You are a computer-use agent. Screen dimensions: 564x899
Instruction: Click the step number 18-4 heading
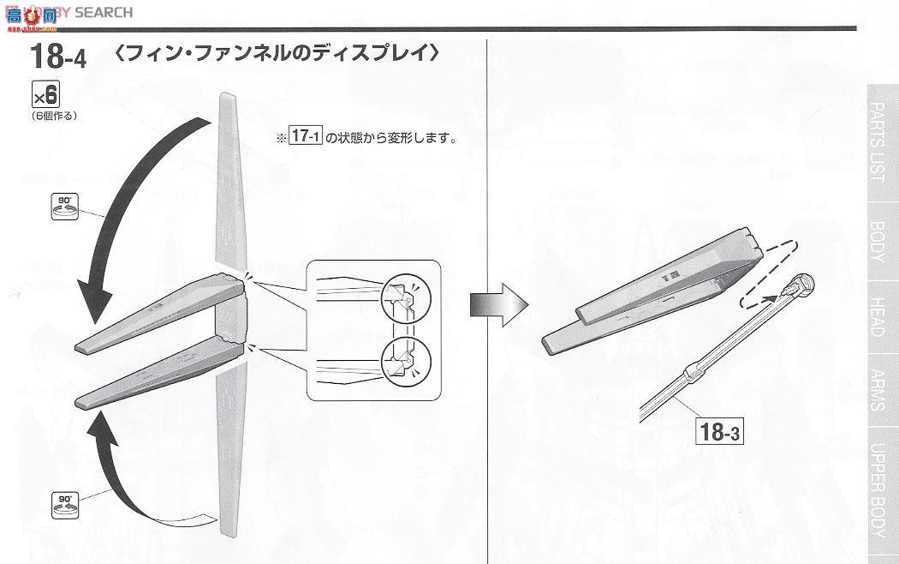(57, 57)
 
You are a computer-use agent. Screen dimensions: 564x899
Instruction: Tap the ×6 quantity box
(45, 93)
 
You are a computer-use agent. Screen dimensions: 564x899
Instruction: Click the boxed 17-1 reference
(304, 136)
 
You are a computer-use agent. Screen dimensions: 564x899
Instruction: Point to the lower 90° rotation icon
(63, 501)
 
